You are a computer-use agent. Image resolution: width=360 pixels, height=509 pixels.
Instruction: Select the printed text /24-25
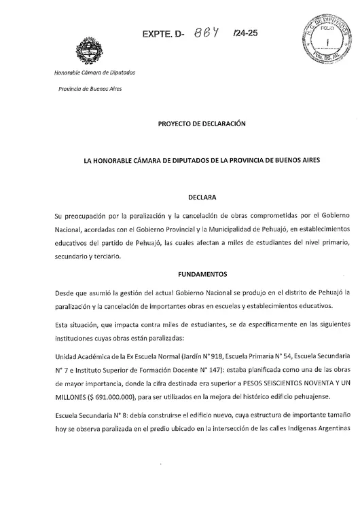point(243,32)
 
